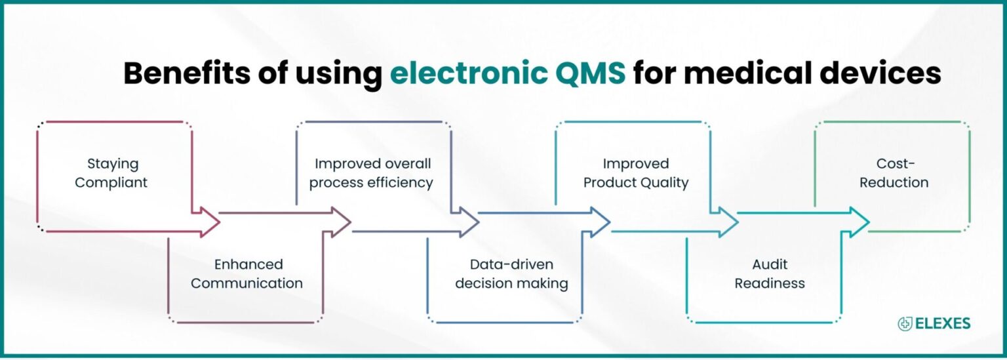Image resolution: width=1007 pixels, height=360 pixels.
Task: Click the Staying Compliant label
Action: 111,173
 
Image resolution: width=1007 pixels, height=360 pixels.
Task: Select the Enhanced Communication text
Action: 247,274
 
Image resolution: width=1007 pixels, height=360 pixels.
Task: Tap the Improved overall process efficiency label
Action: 372,173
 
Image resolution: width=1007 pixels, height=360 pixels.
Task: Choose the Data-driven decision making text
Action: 511,274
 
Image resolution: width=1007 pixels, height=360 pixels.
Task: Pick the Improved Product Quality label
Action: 636,173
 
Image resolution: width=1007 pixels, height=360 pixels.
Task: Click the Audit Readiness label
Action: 770,274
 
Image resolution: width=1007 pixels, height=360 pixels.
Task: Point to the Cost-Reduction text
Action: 894,173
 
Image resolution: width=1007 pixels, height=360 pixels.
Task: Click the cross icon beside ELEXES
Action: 905,323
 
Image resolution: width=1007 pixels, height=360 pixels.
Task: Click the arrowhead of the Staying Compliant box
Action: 210,222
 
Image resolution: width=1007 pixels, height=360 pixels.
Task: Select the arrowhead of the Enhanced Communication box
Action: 341,222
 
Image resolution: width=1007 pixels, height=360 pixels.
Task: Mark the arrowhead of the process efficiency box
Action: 469,222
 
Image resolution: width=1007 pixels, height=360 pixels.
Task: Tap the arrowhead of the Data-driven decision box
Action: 601,222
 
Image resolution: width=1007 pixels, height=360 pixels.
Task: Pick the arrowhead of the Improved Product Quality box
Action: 728,222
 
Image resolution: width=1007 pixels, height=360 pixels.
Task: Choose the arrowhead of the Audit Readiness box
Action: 859,222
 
